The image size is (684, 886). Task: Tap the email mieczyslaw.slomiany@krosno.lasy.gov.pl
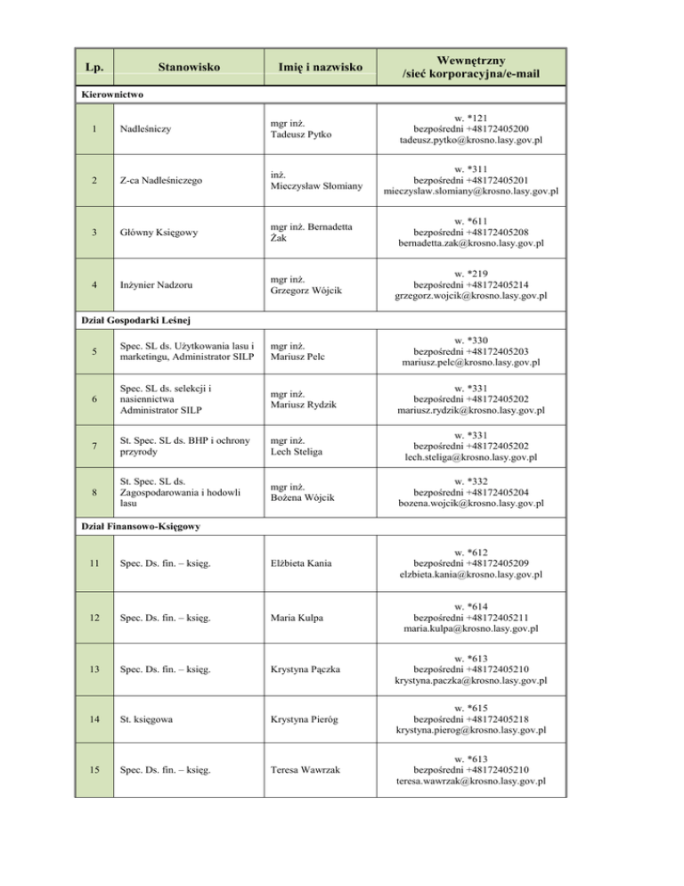pyautogui.click(x=471, y=191)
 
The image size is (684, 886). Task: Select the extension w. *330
pyautogui.click(x=472, y=340)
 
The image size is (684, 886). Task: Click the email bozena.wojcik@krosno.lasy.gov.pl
pyautogui.click(x=472, y=503)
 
